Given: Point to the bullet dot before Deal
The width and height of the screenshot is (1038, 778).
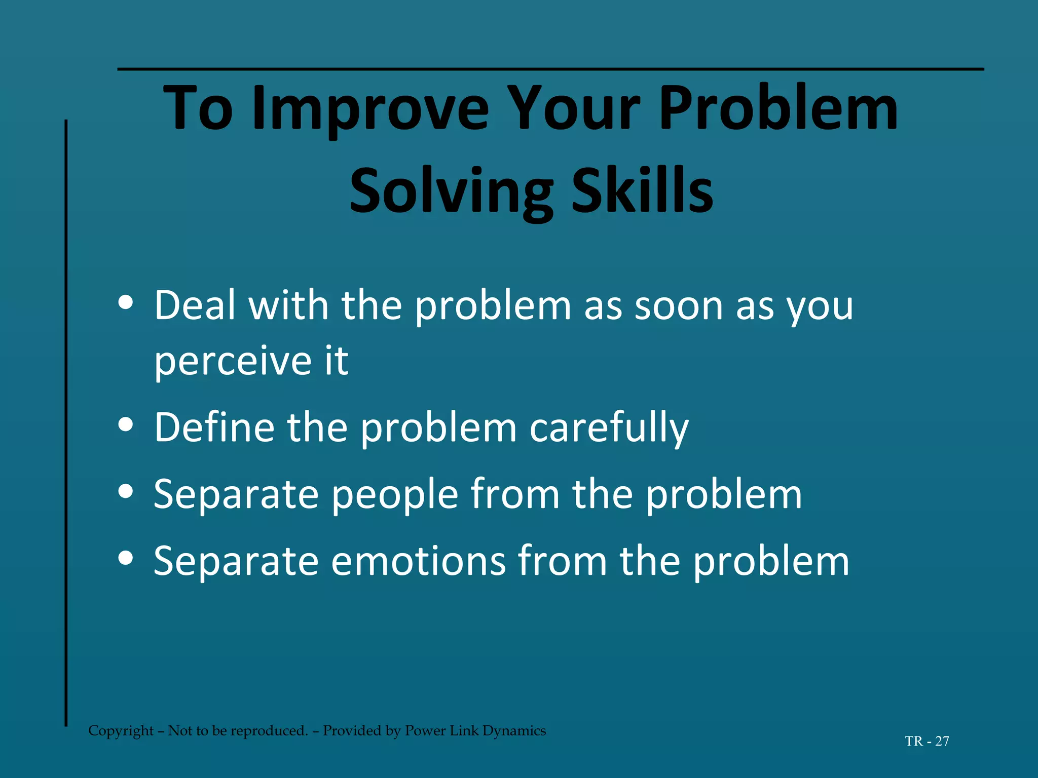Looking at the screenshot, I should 125,303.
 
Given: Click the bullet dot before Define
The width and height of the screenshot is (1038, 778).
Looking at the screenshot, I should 125,424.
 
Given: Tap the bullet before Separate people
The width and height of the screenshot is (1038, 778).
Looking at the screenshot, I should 125,491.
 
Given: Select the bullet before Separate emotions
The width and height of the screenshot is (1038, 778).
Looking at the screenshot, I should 125,558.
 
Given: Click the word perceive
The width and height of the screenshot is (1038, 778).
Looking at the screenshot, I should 233,362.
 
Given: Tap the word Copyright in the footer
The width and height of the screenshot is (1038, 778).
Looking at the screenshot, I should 121,730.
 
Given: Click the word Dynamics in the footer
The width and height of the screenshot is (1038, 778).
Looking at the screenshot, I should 514,730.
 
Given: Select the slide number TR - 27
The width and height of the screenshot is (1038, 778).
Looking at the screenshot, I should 927,741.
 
